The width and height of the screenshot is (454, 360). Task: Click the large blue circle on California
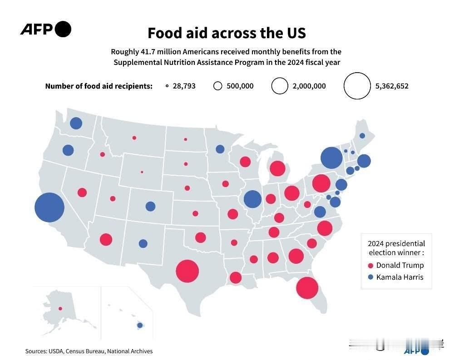49,207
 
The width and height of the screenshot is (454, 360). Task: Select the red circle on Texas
188,271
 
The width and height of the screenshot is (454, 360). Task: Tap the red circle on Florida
307,287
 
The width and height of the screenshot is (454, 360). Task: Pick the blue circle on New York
331,158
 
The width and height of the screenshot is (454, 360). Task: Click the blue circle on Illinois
252,199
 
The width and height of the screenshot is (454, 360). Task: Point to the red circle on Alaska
60,309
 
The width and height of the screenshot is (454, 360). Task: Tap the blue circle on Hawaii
140,325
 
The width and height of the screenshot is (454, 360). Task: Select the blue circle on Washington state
76,123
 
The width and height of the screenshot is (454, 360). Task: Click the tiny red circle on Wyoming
142,172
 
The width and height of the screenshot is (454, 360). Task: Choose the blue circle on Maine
362,136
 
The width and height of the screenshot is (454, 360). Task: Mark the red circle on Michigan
277,169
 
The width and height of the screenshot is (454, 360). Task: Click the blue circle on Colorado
150,206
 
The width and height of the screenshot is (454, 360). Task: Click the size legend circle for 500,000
218,86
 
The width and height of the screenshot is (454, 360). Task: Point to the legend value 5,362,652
392,86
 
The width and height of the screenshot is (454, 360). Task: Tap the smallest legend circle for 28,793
167,86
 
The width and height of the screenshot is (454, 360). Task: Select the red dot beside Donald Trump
370,266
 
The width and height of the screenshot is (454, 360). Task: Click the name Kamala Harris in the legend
400,277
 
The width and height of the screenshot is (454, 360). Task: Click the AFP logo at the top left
45,30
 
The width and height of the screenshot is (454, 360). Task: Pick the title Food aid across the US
227,33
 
